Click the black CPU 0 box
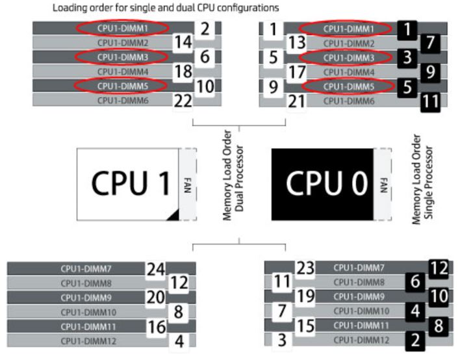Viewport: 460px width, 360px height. [x=322, y=184]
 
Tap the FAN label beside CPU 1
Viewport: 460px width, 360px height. [x=187, y=184]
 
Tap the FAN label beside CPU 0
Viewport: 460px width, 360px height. [x=382, y=184]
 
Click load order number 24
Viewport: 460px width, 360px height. [x=156, y=268]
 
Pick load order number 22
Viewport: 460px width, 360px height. [x=184, y=101]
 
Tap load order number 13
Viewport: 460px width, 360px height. [x=296, y=43]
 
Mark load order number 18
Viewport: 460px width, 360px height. [x=184, y=71]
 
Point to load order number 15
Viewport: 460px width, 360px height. [x=305, y=325]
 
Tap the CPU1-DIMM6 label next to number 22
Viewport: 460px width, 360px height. [x=119, y=101]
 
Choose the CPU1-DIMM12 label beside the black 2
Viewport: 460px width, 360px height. [x=359, y=340]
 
